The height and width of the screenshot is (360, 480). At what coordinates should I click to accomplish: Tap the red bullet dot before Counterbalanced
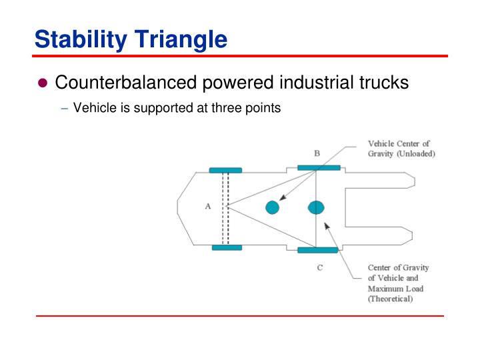(43, 84)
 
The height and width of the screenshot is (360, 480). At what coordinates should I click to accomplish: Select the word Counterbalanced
(126, 83)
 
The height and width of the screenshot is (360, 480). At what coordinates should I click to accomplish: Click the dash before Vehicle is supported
(64, 108)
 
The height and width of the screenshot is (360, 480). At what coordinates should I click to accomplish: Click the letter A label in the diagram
(207, 206)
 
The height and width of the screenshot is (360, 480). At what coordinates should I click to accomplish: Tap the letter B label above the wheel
(317, 153)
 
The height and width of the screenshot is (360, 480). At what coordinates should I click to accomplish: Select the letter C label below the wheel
(319, 267)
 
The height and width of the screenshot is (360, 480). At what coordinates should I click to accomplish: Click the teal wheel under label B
(319, 167)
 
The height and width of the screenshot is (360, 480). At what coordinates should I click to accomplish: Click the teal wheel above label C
(318, 250)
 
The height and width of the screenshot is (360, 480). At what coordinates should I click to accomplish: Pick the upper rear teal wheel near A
(225, 170)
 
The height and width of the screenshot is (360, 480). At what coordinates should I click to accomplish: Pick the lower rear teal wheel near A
(227, 247)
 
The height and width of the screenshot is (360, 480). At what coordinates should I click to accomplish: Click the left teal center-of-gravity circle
(272, 207)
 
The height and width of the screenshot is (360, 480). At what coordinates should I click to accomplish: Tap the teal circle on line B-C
(316, 207)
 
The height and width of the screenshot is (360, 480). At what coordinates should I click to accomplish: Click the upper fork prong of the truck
(380, 180)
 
